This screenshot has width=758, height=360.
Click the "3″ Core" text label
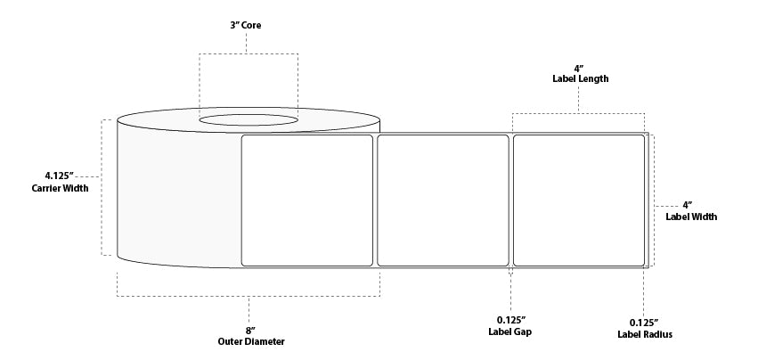tap(246, 25)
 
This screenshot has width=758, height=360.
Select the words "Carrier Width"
tap(60, 188)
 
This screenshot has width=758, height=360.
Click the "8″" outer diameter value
tap(250, 331)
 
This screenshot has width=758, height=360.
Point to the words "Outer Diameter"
tap(251, 341)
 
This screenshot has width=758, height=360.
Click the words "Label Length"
tap(581, 78)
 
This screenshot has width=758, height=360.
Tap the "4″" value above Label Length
tap(579, 69)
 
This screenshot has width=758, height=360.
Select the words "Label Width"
tap(691, 217)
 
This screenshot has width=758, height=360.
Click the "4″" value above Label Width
tap(687, 205)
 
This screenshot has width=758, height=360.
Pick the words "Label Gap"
tap(510, 331)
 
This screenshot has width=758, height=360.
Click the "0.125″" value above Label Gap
tap(511, 320)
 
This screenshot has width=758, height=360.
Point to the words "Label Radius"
tap(644, 334)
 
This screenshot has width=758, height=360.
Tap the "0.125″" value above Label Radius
tap(644, 323)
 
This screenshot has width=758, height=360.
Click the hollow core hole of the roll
tap(249, 120)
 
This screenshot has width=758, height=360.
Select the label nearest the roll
tap(307, 200)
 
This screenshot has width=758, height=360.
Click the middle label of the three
tap(443, 200)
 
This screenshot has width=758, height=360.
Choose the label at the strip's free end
tap(579, 200)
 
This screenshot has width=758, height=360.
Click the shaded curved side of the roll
tap(179, 193)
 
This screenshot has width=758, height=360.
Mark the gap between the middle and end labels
tap(511, 200)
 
